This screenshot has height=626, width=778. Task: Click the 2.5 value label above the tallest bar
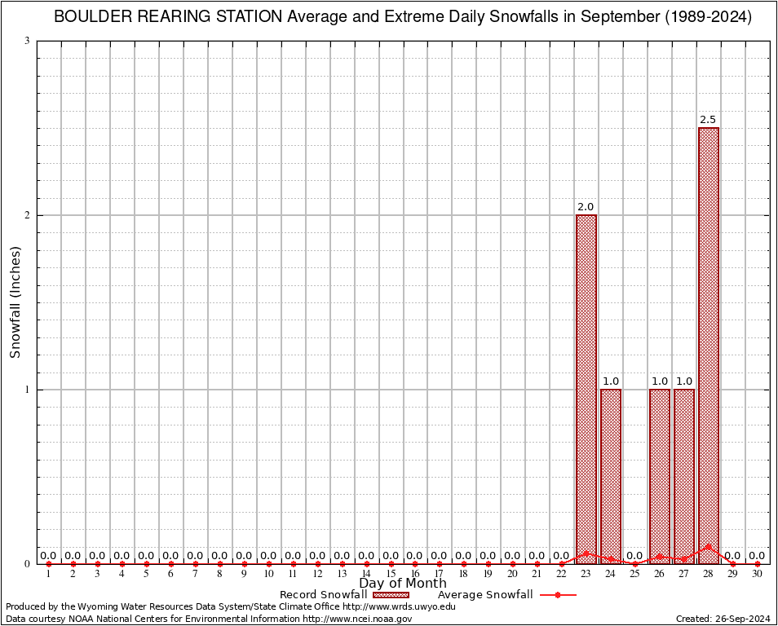[708, 120]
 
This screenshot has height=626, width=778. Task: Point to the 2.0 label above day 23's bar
[586, 207]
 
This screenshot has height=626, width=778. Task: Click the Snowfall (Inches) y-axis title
[15, 302]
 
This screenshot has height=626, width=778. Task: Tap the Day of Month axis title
[403, 584]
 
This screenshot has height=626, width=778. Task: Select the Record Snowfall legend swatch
[391, 595]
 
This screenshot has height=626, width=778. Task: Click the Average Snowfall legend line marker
[557, 595]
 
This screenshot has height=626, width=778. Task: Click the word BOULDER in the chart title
[88, 17]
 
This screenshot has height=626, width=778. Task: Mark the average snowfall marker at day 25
[635, 563]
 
